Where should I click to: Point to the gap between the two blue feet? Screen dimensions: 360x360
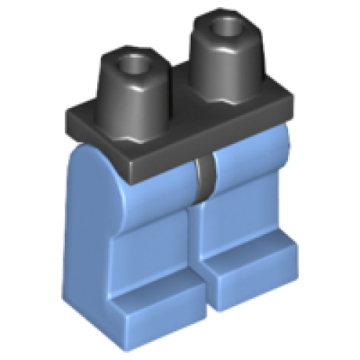pyautogui.click(x=202, y=288)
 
